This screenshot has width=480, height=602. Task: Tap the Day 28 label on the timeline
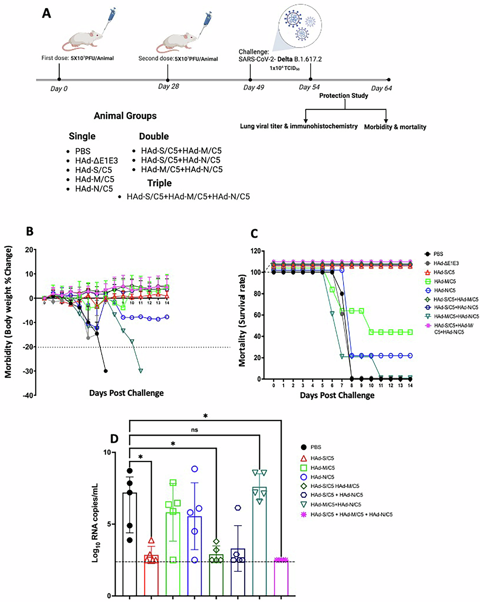coord(168,86)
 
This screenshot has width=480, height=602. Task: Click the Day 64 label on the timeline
coord(381,88)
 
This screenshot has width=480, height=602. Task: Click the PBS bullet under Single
coord(83,151)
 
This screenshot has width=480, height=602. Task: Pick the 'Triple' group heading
coord(159,183)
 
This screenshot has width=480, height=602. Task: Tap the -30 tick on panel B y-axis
coord(29,371)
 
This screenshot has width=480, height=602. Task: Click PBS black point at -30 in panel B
coord(105,371)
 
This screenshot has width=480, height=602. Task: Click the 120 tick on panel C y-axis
coord(257,251)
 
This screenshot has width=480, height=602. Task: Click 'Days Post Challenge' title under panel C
coord(337,395)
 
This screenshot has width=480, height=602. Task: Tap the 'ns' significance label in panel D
coord(195,430)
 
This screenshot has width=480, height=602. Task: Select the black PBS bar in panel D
coord(130,544)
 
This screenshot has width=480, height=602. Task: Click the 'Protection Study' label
coord(343,96)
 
